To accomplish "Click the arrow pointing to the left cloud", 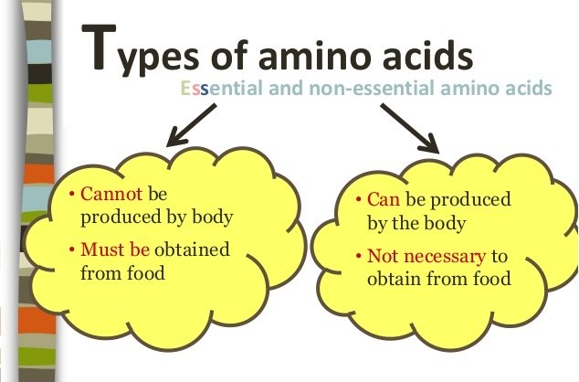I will coord(192,125).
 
